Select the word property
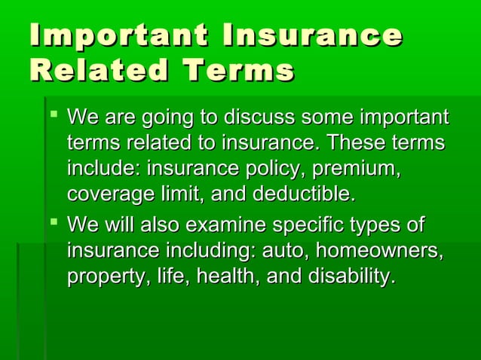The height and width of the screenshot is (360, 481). (100, 276)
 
